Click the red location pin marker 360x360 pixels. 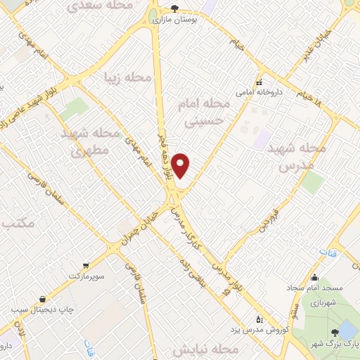[181, 165]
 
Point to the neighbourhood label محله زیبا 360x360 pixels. [128, 77]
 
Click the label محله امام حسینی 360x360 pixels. [206, 112]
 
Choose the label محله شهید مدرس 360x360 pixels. [303, 157]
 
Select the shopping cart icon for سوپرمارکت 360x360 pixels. [86, 265]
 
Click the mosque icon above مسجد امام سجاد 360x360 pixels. [314, 276]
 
